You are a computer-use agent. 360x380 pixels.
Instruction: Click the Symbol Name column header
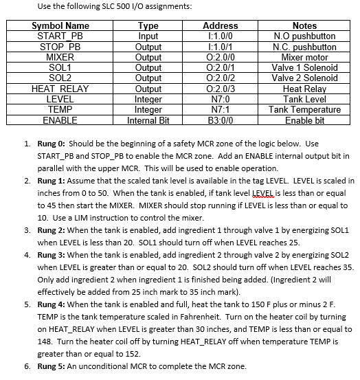[x=60, y=26]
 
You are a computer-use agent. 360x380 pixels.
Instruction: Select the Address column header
[x=221, y=26]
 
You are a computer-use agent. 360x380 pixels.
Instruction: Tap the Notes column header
[x=305, y=26]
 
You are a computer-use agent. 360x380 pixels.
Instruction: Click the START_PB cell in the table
[x=60, y=36]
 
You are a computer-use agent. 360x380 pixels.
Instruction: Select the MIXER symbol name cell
[x=60, y=57]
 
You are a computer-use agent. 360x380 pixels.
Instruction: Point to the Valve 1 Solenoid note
[x=305, y=67]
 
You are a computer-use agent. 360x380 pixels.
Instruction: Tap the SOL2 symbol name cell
[x=60, y=78]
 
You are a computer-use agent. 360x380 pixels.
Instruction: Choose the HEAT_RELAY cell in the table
[x=60, y=89]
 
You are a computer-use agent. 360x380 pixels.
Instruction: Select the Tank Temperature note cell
[x=305, y=109]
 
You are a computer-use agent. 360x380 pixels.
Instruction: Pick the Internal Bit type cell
[x=148, y=120]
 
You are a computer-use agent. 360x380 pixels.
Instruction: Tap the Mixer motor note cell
[x=305, y=57]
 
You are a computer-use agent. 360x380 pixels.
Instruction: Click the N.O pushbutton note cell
[x=305, y=36]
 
